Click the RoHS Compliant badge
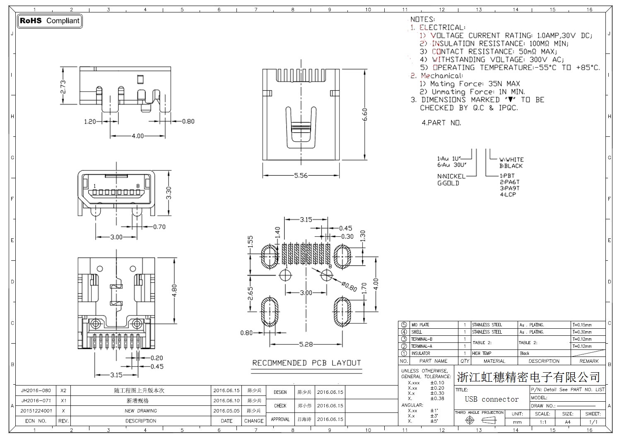click(50, 21)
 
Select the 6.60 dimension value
click(364, 114)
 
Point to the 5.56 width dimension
click(301, 175)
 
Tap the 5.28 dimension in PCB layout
click(306, 344)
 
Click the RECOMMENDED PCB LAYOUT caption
click(306, 363)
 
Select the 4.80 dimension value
click(174, 290)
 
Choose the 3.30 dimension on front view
click(168, 193)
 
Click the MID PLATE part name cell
click(420, 325)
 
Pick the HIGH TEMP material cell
click(482, 354)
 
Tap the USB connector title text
click(492, 399)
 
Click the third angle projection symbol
click(480, 420)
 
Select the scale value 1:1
click(543, 422)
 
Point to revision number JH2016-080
click(36, 390)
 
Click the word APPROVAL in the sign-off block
click(280, 420)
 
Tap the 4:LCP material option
click(508, 194)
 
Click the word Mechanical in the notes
click(442, 76)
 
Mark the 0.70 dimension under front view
click(159, 227)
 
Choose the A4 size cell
click(567, 422)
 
